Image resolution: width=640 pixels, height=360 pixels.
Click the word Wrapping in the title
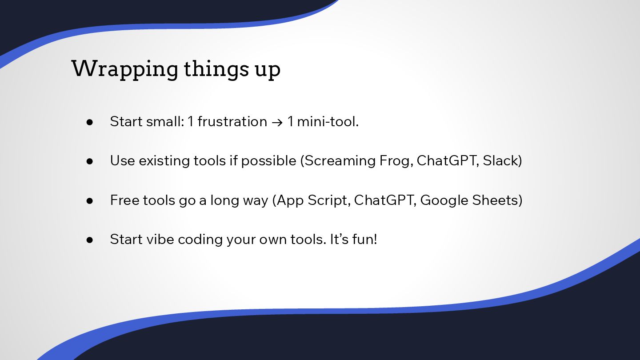tap(124, 69)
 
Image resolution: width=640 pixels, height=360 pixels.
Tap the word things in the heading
tap(216, 69)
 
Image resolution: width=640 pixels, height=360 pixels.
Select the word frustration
tap(232, 121)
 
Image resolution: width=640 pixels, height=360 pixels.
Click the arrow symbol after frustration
tap(277, 122)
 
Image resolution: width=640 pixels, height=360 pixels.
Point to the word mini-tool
tap(328, 121)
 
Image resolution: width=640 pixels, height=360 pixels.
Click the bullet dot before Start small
tap(89, 122)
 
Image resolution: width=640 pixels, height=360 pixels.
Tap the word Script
tap(329, 200)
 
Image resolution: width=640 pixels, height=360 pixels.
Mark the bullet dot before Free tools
tap(89, 201)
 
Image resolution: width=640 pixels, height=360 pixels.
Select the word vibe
tap(160, 239)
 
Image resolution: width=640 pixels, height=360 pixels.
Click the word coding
tap(200, 240)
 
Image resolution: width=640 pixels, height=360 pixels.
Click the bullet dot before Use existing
tap(89, 161)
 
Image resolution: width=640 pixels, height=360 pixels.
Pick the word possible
tap(268, 161)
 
